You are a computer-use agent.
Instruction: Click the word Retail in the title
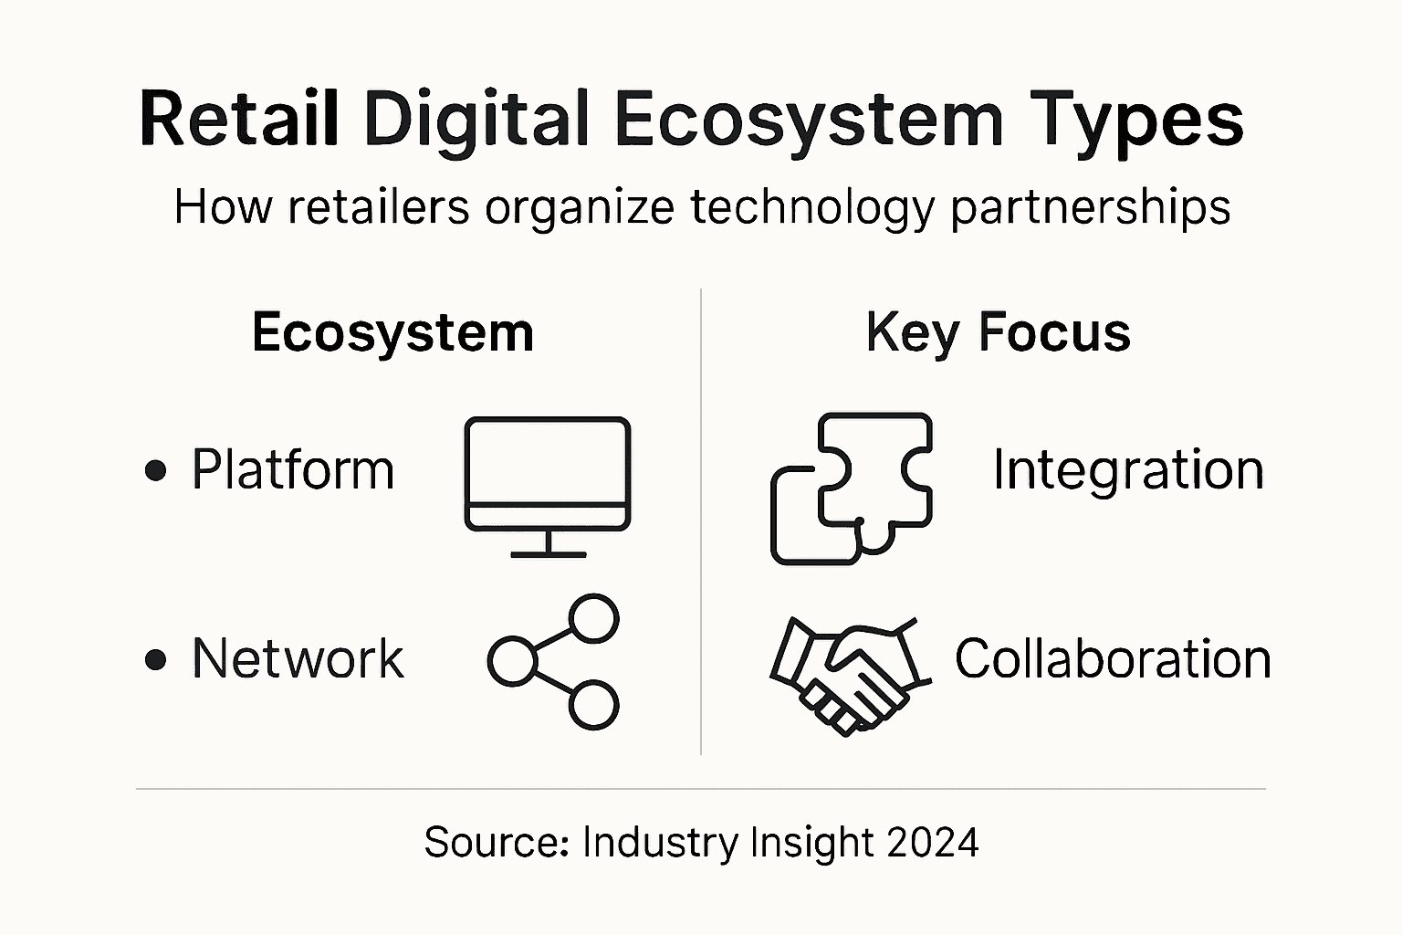click(239, 119)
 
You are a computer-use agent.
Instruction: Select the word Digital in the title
click(476, 119)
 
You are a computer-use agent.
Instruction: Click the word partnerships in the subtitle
click(1090, 207)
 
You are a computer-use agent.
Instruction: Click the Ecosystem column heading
click(392, 332)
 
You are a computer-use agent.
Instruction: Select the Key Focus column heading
click(998, 332)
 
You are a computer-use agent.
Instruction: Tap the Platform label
click(292, 470)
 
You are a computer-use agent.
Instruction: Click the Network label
click(298, 658)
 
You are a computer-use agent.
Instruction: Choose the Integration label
click(1128, 470)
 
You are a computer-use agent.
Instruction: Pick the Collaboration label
click(1113, 658)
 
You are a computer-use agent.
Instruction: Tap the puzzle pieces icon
click(851, 488)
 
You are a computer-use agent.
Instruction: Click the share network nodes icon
click(554, 662)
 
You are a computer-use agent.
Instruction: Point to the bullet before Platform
click(156, 471)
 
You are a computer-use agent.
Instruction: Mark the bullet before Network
click(156, 659)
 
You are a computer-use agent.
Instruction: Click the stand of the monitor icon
click(548, 544)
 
